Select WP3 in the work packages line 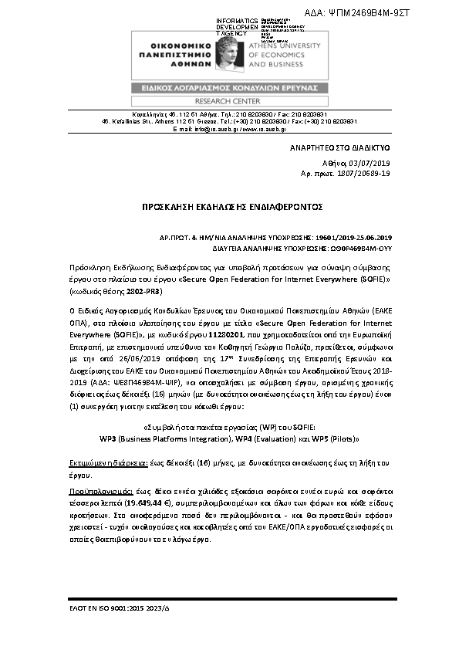tap(110, 438)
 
